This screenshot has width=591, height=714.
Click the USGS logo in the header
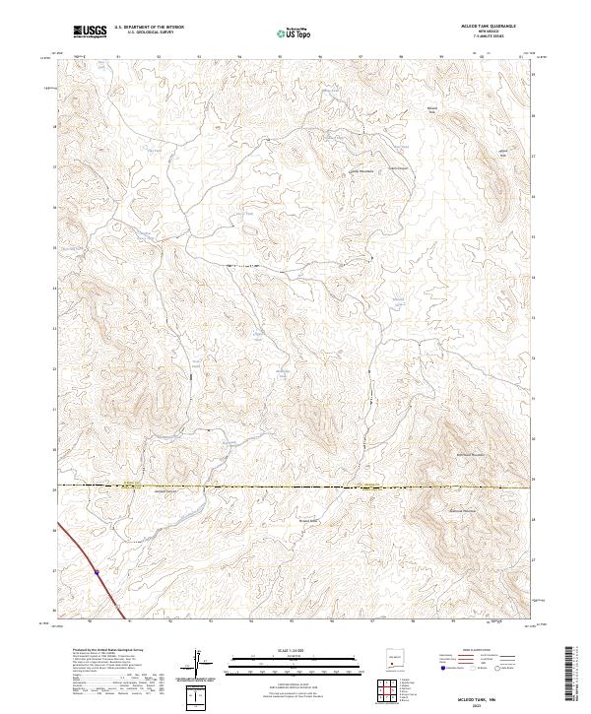click(90, 32)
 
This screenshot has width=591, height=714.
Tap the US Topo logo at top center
click(285, 32)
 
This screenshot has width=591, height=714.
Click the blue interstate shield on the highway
click(97, 569)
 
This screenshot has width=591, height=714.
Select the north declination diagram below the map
click(199, 664)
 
